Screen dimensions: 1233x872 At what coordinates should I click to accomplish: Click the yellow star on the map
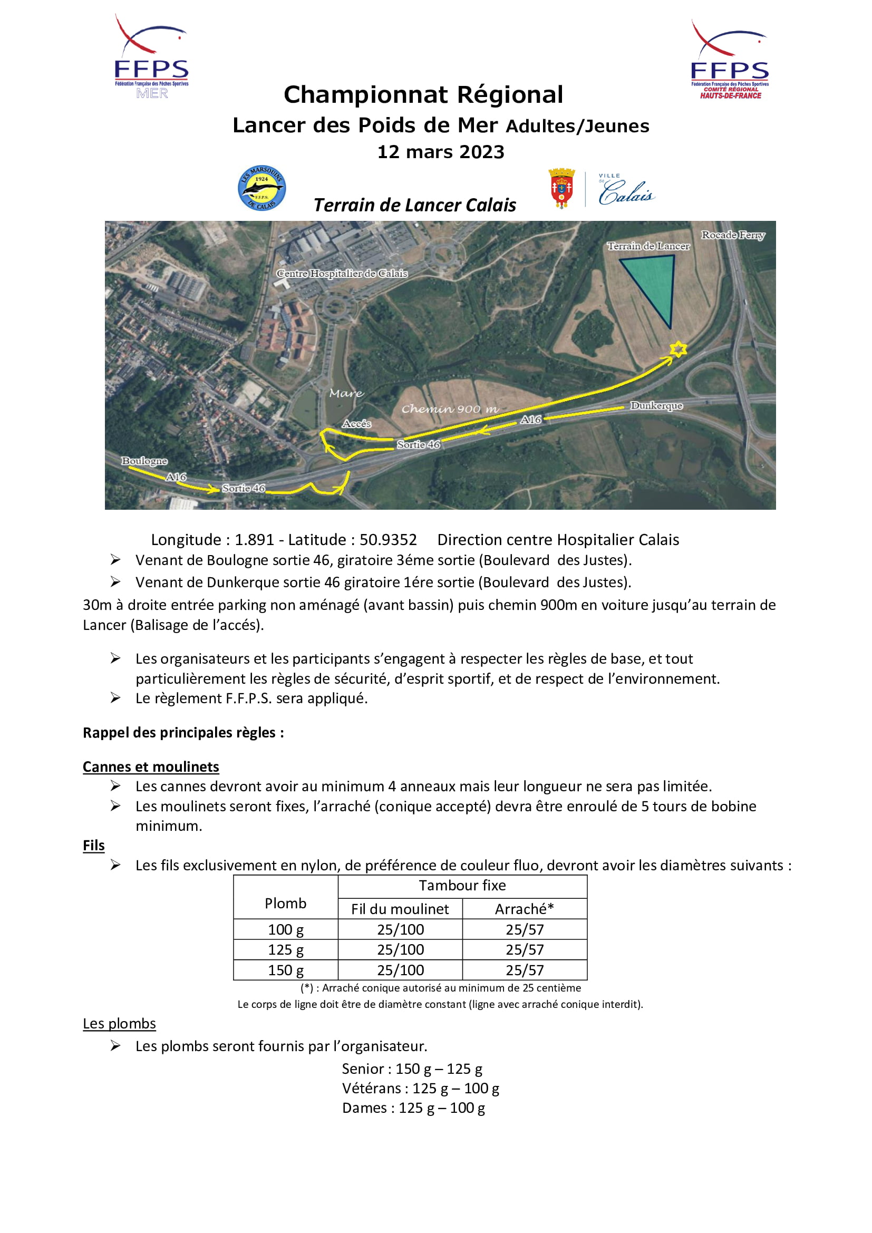(x=678, y=349)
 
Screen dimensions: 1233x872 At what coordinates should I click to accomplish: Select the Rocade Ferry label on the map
(x=733, y=235)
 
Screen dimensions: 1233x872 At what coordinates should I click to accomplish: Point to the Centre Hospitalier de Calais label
(x=342, y=274)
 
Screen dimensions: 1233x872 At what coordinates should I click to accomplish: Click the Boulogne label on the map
(x=144, y=461)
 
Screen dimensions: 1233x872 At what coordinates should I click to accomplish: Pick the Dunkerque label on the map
(x=656, y=405)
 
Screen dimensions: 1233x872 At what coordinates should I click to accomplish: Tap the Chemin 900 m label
(x=450, y=409)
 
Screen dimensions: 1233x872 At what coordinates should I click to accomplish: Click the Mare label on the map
(x=346, y=393)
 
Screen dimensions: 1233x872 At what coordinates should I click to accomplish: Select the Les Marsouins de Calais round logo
(x=261, y=188)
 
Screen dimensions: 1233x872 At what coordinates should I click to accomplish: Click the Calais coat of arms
(x=561, y=188)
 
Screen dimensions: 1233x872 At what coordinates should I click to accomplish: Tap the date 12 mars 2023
(x=441, y=152)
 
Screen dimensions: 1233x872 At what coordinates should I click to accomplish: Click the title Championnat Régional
(x=424, y=94)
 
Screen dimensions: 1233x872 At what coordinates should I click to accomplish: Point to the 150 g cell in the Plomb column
(x=286, y=970)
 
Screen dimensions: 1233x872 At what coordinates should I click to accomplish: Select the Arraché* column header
(x=524, y=909)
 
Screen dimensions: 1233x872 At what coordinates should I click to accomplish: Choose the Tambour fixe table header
(x=462, y=886)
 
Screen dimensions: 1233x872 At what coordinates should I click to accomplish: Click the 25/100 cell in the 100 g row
(x=401, y=929)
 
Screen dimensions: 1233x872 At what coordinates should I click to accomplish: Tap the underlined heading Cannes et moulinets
(x=151, y=767)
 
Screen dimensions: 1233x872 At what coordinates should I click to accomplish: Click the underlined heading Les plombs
(x=119, y=1024)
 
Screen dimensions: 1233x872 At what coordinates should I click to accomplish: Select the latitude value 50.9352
(x=387, y=540)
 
